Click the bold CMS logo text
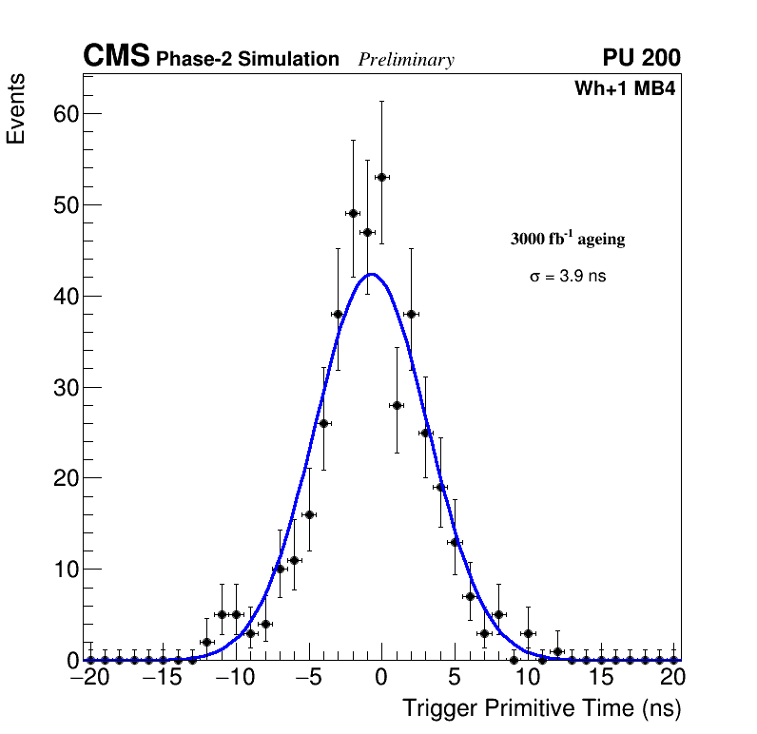pos(116,57)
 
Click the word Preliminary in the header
pos(406,60)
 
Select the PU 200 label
pos(641,58)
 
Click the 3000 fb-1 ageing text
pos(568,239)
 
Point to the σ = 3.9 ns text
pos(568,277)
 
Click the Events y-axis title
pos(16,108)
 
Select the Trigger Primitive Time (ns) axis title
pos(541,708)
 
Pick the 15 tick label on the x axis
pos(600,678)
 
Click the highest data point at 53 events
pos(381,177)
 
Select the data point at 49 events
pos(353,213)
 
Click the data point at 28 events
pos(397,405)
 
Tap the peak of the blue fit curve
pos(373,274)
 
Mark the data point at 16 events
pos(309,514)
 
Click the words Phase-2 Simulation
pos(247,60)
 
